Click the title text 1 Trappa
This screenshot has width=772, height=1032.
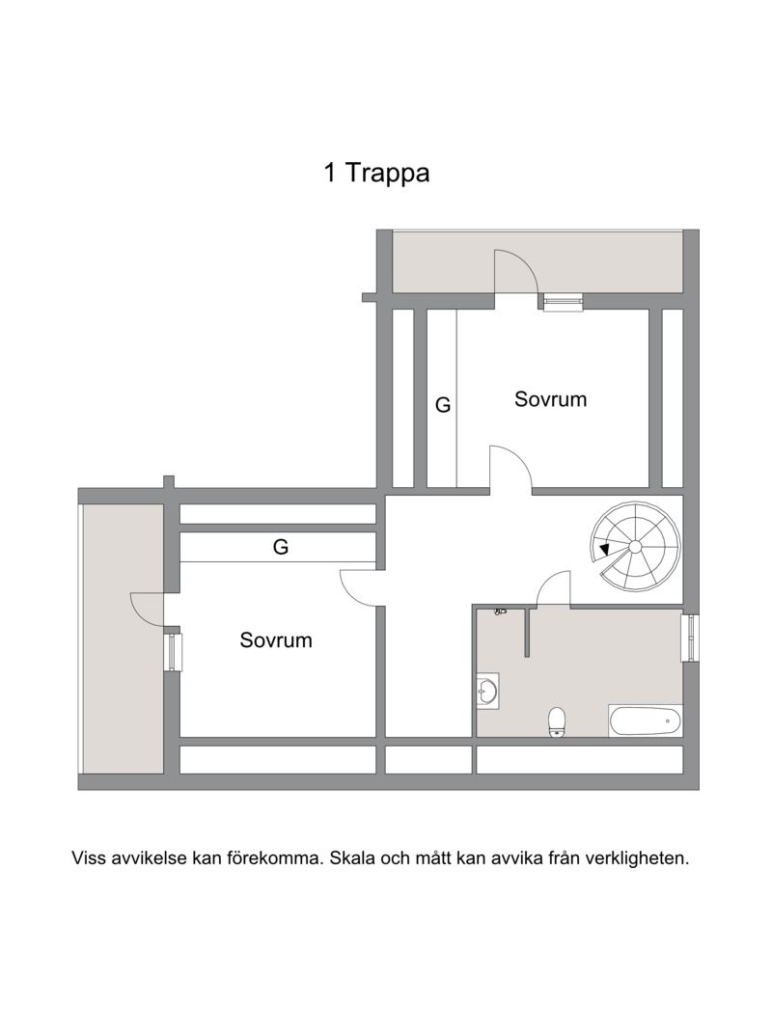point(376,174)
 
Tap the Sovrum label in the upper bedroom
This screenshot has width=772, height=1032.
point(550,399)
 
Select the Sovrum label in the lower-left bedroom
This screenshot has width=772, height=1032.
point(276,639)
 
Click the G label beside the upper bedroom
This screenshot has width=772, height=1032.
point(443,405)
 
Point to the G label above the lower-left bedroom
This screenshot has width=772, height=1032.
point(281,548)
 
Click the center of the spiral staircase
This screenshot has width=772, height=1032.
point(635,547)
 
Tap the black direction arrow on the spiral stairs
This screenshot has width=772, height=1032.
point(604,550)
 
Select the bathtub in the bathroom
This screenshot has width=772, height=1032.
point(645,720)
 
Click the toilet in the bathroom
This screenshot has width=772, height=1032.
point(556,721)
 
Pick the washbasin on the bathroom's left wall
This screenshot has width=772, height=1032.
point(487,691)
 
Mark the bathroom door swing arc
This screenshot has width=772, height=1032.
point(553,587)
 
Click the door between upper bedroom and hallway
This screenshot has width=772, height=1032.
point(510,470)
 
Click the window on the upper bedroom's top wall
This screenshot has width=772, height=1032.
point(564,303)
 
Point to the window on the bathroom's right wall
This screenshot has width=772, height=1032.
point(689,638)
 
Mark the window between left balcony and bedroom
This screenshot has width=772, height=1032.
point(172,651)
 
